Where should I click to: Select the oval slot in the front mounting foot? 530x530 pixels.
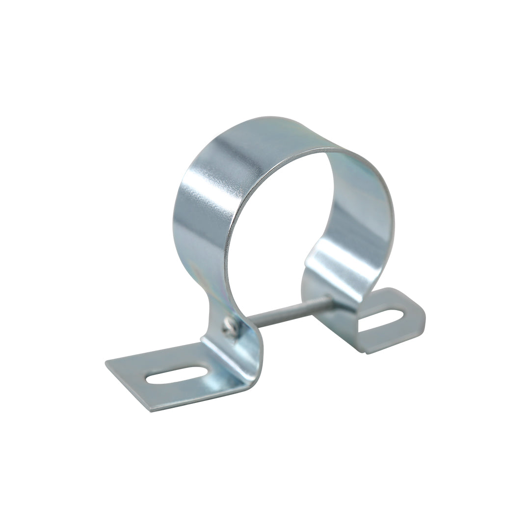177,375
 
